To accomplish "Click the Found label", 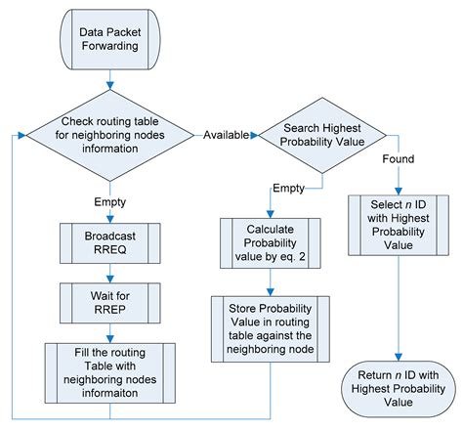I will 397,158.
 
